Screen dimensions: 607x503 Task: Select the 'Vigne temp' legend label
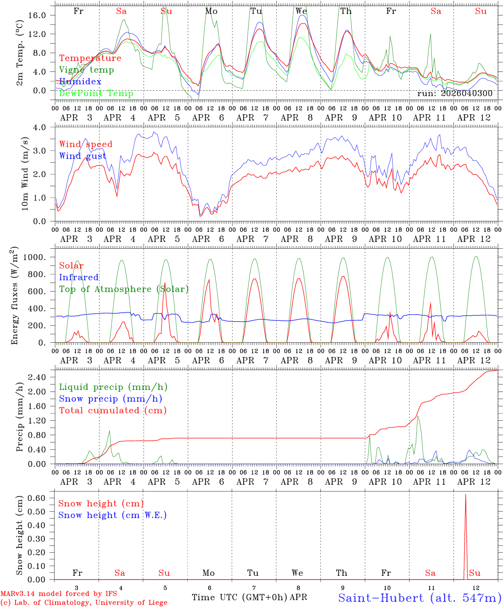click(86, 70)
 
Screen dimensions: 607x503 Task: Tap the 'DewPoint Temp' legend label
click(96, 94)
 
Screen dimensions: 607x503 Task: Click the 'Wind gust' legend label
click(83, 156)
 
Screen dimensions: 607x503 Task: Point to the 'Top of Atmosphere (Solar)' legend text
click(124, 289)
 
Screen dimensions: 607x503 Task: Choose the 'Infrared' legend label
click(79, 277)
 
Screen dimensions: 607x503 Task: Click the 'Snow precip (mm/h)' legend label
click(110, 399)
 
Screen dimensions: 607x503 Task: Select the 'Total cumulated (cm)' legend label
click(113, 411)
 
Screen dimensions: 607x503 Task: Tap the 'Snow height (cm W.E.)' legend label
click(112, 515)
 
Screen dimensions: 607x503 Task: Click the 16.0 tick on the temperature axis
click(42, 15)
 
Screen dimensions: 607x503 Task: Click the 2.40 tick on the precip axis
click(42, 377)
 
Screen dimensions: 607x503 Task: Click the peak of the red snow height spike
click(466, 494)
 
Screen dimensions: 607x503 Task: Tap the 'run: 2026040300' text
click(455, 94)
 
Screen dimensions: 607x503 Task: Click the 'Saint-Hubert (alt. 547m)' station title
click(420, 598)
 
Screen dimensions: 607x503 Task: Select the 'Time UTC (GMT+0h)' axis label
click(240, 597)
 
